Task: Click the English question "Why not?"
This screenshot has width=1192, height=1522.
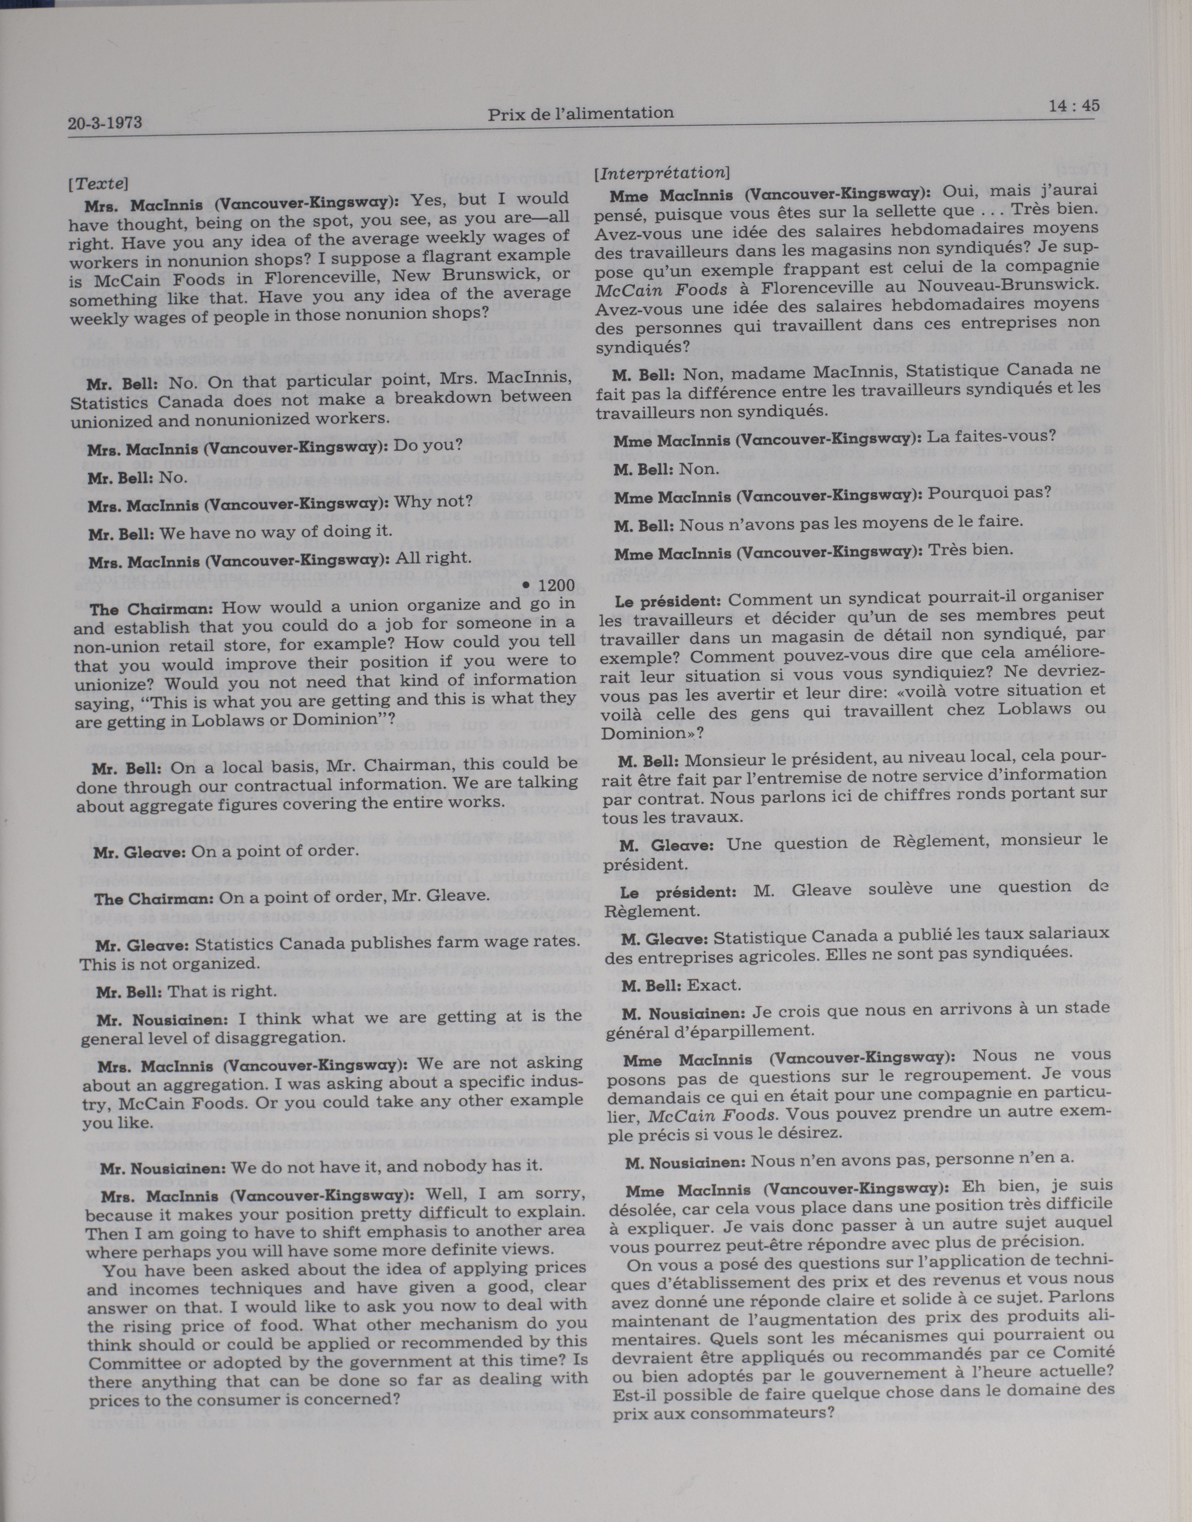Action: coord(433,502)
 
